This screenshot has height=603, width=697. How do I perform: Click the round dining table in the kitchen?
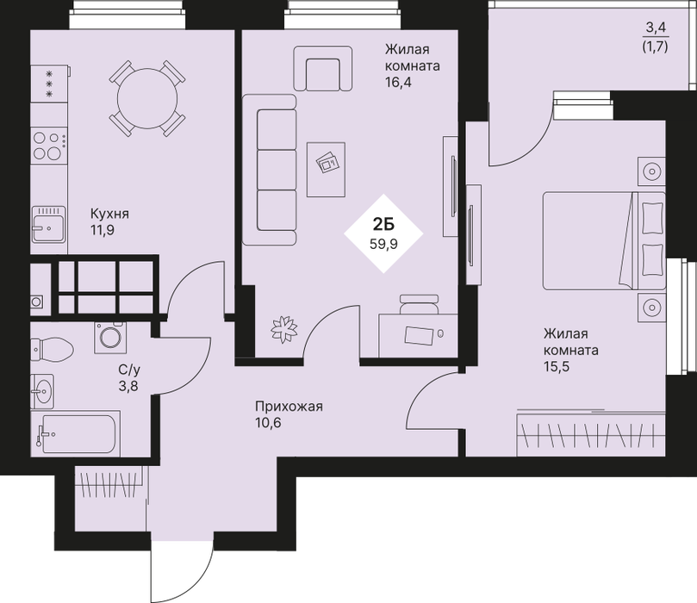click(x=147, y=98)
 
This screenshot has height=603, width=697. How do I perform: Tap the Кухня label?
click(x=109, y=214)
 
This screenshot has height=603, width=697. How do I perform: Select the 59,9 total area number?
click(x=383, y=244)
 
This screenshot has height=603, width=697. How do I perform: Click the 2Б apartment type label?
click(x=383, y=226)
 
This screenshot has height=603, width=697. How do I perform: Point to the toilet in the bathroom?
click(x=52, y=349)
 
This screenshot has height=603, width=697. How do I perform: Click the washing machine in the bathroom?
click(x=110, y=338)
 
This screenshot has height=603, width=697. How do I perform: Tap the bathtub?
click(x=75, y=433)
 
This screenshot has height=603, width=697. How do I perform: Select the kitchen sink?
click(x=48, y=225)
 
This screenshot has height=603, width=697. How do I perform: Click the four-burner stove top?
click(x=48, y=146)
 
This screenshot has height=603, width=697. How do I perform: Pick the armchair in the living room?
click(x=323, y=68)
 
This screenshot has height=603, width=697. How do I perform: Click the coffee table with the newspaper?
click(x=326, y=170)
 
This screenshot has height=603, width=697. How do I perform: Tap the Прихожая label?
click(x=289, y=406)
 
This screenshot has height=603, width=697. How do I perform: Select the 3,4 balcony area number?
click(x=656, y=28)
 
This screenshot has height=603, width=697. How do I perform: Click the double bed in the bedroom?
click(x=604, y=240)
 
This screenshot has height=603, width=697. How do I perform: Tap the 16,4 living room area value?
click(x=398, y=82)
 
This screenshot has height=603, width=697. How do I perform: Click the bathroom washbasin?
click(x=42, y=391)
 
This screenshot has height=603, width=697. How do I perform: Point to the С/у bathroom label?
click(x=129, y=370)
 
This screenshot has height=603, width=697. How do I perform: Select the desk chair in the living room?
click(x=420, y=304)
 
